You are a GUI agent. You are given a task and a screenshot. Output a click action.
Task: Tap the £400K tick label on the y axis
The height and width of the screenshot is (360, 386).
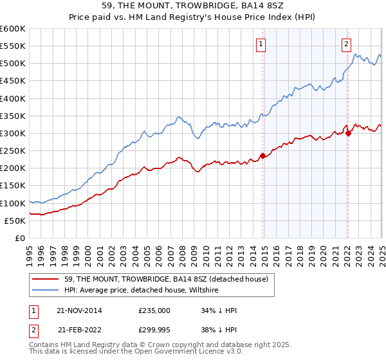coord(13,98)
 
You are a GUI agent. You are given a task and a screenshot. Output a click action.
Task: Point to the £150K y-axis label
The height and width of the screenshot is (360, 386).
coord(13,186)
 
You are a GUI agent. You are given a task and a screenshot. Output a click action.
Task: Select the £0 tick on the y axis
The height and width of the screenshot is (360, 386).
coord(19,238)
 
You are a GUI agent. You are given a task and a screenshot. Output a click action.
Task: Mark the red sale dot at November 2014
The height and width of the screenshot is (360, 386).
coord(262,156)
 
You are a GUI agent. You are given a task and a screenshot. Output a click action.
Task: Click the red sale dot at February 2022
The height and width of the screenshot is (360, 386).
coord(348,133)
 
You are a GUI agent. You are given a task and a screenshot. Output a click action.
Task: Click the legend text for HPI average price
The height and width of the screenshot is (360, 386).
coord(142,290)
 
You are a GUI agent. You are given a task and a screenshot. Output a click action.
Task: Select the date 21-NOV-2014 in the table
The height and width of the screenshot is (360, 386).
coord(79,310)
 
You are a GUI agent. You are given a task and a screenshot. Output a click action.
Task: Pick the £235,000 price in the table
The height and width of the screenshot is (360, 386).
coord(154,310)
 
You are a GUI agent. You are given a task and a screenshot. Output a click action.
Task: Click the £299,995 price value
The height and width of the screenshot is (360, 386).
coord(154,330)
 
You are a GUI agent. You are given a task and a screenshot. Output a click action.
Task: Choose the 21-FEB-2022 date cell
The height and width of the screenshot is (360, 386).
coord(79,330)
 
